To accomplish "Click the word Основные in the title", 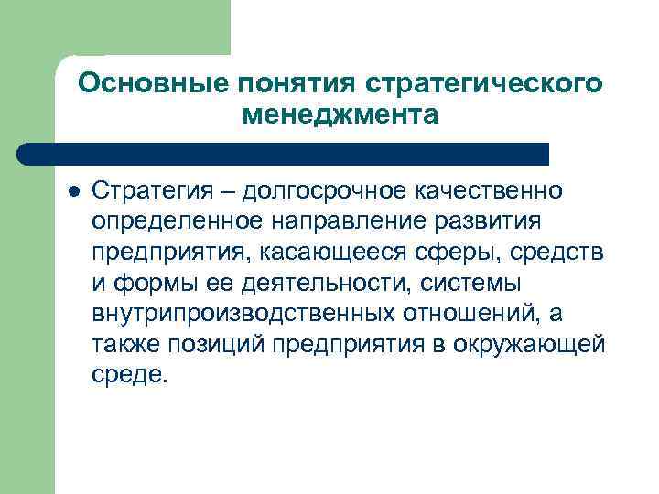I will (153, 84).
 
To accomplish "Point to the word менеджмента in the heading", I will (341, 116).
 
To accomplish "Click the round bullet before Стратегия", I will (74, 190).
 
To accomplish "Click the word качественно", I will (491, 193).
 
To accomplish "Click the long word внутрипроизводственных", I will (242, 314).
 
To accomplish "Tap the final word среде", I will (130, 374).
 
